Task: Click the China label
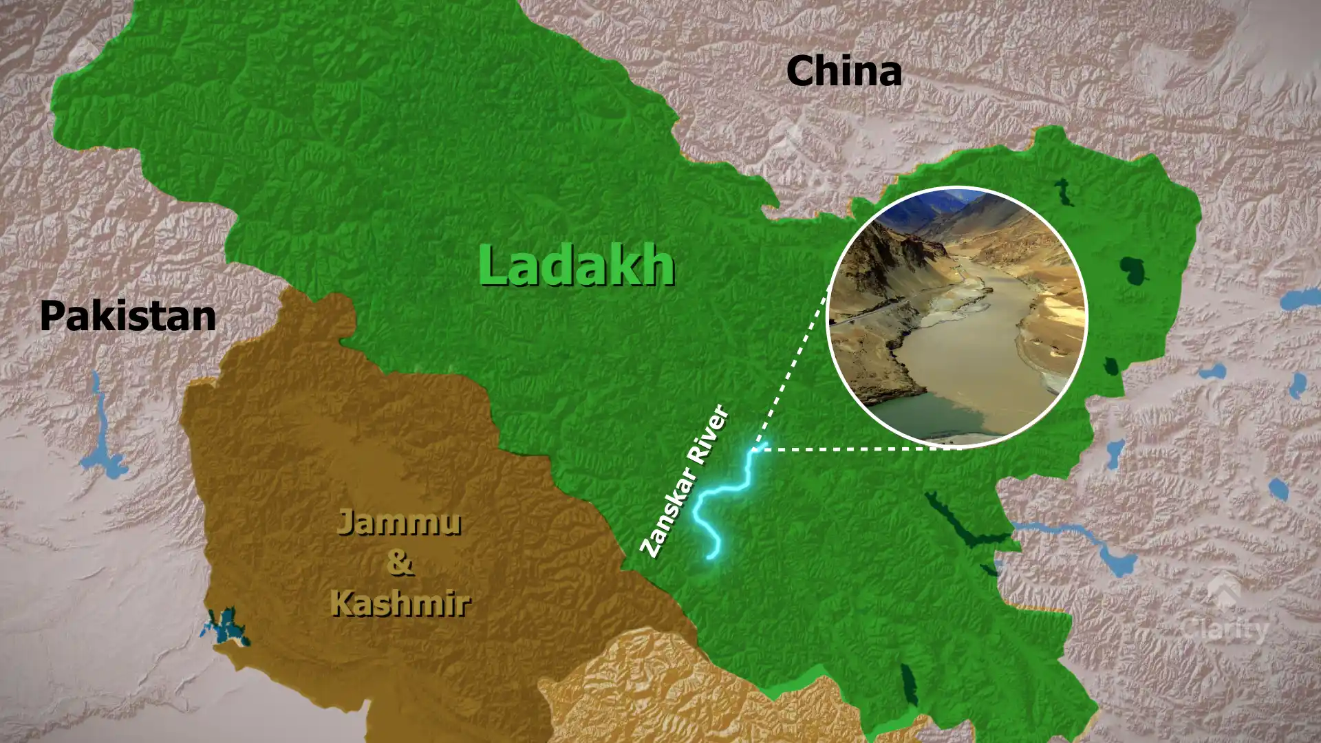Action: coord(844,72)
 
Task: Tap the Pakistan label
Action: coord(128,316)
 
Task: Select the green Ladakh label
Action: coord(577,266)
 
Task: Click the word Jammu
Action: coord(399,522)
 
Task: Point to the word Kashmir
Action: coord(400,603)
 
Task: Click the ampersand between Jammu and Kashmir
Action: coord(399,562)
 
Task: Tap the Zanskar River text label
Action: coord(685,481)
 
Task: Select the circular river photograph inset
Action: coord(956,317)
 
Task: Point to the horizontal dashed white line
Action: coord(860,449)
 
